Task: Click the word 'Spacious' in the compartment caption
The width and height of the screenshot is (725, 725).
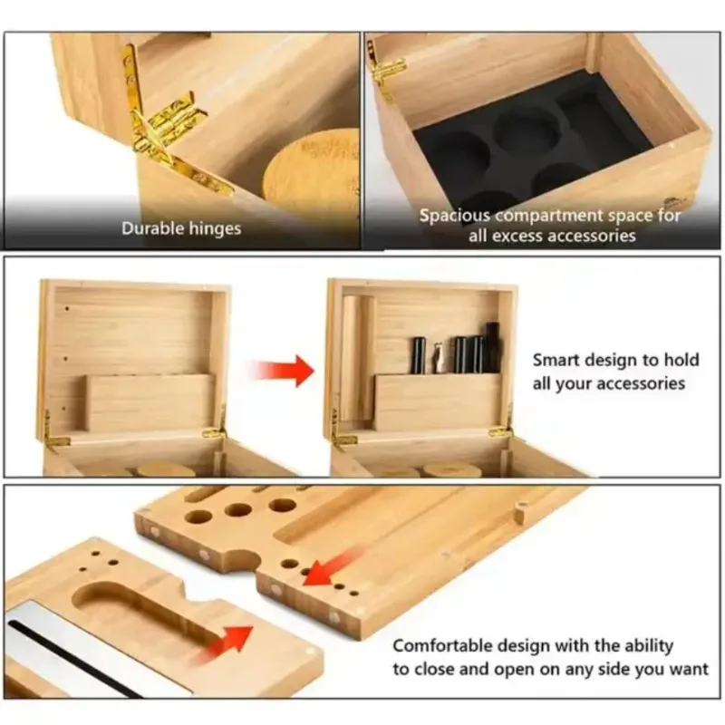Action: (455, 216)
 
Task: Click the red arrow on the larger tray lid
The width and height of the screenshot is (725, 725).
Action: (329, 569)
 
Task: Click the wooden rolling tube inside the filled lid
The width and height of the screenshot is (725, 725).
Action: (358, 358)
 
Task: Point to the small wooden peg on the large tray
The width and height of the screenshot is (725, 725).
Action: (519, 512)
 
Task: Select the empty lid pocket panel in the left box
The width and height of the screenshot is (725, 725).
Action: (150, 402)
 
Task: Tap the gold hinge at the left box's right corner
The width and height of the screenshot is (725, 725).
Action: (216, 428)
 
